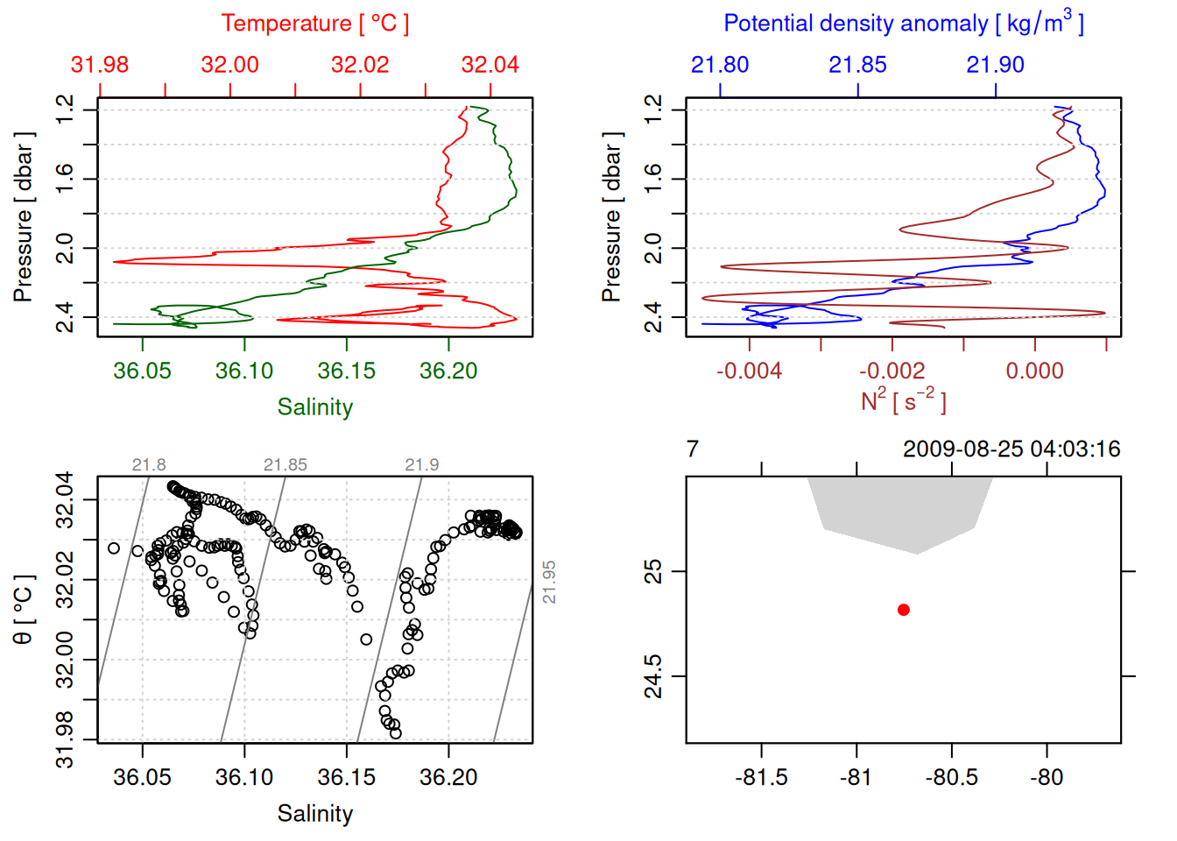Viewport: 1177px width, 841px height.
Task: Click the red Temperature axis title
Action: [314, 24]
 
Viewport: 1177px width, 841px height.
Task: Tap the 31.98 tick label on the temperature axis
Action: [100, 65]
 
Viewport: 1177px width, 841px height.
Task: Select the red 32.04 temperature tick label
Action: [490, 65]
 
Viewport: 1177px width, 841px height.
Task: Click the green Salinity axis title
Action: [314, 407]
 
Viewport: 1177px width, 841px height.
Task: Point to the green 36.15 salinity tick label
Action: [346, 371]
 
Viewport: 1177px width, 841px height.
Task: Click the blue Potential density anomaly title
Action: [903, 24]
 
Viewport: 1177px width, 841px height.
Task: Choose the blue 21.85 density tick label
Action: [857, 65]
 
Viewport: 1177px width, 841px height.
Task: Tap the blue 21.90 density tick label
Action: [995, 65]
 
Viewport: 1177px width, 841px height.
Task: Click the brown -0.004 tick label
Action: [749, 371]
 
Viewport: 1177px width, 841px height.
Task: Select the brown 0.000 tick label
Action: [1034, 371]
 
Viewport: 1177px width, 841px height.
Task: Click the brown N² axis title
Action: [903, 400]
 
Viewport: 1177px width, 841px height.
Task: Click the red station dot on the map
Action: [904, 610]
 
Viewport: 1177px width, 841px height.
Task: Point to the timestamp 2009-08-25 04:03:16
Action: [1011, 449]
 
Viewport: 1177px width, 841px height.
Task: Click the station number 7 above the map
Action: [693, 449]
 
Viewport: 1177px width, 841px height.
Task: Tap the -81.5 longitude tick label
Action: [761, 777]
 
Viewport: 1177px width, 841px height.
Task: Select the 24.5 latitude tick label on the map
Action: [654, 676]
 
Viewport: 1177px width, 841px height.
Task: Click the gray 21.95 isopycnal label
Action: [549, 582]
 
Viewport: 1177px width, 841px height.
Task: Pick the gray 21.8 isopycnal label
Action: [149, 465]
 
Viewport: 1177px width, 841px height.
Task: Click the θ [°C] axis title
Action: [24, 610]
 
